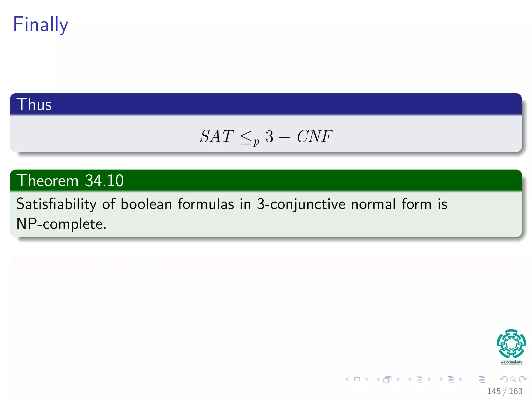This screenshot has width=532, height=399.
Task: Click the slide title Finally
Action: click(41, 24)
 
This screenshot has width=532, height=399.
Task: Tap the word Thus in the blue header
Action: click(34, 104)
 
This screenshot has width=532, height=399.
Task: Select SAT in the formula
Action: click(217, 136)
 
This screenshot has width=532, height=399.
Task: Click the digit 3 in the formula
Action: click(269, 136)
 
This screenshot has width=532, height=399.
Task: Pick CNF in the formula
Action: click(314, 136)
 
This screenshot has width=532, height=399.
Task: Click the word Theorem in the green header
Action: click(47, 181)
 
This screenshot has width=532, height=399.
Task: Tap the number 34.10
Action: click(104, 181)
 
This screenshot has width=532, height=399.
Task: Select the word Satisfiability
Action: click(56, 204)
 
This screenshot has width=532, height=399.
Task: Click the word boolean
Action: click(146, 204)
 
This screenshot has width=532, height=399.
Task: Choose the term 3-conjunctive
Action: click(301, 204)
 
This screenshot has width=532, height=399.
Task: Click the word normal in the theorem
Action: click(373, 204)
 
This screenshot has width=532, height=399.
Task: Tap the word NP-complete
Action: click(61, 224)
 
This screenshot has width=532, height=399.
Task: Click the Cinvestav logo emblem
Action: click(511, 344)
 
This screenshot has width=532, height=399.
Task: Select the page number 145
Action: click(494, 391)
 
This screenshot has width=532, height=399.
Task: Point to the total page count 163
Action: click(516, 391)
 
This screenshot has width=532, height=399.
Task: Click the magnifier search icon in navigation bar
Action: click(513, 380)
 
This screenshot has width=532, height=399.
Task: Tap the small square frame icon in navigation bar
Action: click(357, 380)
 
